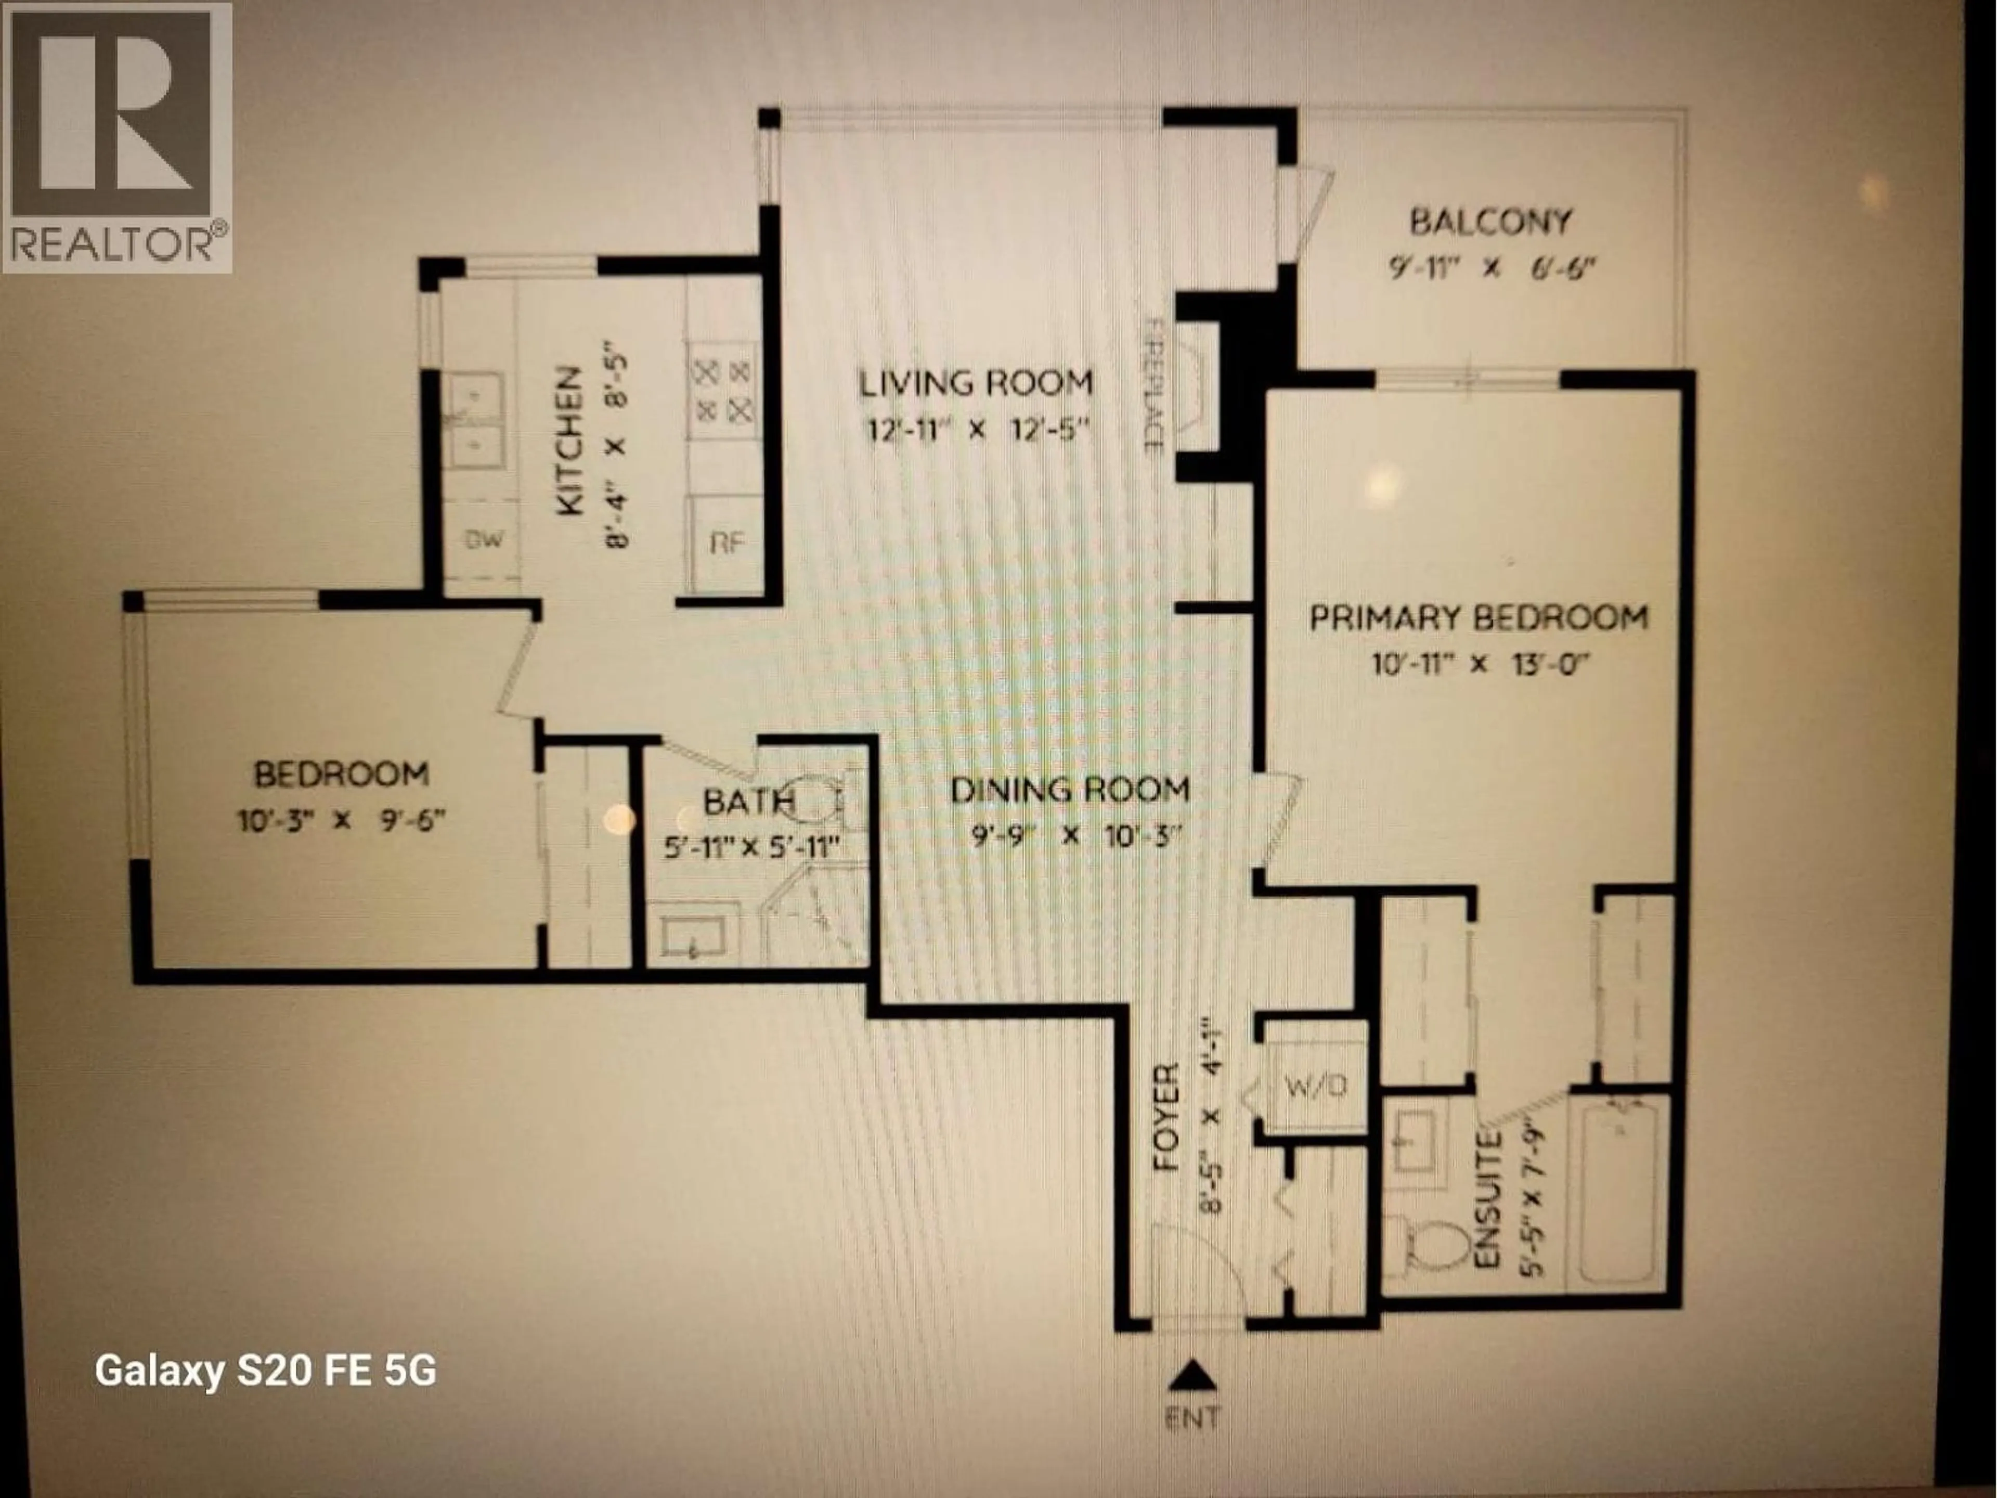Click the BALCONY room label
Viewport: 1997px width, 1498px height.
1490,221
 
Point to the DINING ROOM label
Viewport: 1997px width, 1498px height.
1070,790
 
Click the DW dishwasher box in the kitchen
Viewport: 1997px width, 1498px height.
484,540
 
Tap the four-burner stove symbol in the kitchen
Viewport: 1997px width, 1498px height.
722,390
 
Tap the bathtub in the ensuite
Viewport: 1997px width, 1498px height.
1619,1193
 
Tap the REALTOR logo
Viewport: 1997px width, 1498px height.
118,137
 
